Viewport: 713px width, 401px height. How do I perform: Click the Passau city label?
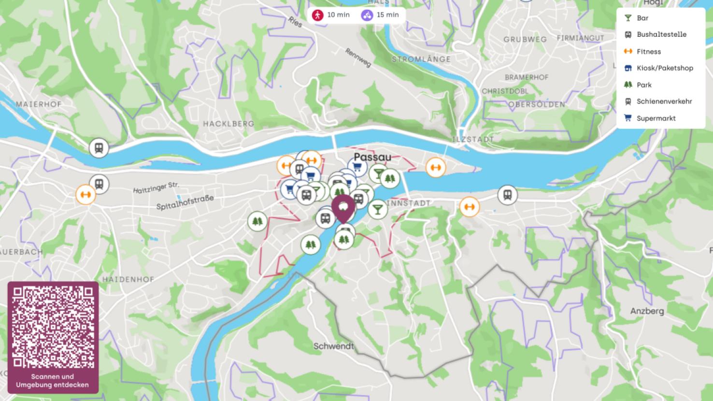[x=372, y=157]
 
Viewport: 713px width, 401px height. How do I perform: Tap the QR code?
[x=53, y=327]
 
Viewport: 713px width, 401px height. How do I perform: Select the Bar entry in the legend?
[x=642, y=18]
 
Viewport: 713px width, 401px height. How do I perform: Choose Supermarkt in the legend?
[x=656, y=118]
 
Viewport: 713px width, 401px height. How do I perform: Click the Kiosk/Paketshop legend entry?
[x=664, y=68]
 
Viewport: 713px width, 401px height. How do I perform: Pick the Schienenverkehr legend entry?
[x=664, y=101]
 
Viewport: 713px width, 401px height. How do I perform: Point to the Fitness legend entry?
[x=648, y=52]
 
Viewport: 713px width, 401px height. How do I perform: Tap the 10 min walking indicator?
[x=331, y=15]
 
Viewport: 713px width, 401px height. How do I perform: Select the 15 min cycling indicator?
[x=381, y=15]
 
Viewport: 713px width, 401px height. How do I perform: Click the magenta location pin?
[x=343, y=208]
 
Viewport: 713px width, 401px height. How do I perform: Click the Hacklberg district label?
[x=228, y=124]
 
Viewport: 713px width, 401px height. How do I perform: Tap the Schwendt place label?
[x=333, y=346]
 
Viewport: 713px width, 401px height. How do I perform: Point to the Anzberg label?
[x=647, y=311]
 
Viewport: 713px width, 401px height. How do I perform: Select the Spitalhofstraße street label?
[x=185, y=202]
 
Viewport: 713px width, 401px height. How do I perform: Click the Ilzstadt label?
[x=473, y=139]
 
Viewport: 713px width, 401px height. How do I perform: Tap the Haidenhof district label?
[x=128, y=279]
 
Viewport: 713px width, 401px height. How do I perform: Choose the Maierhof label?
[x=39, y=104]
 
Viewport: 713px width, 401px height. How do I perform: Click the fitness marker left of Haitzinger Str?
[x=86, y=195]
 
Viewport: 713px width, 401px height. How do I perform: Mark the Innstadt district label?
[x=409, y=203]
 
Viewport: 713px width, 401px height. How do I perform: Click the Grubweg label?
[x=525, y=40]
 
